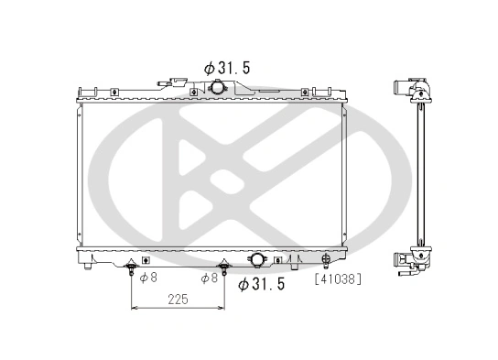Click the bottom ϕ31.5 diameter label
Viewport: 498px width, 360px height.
262,284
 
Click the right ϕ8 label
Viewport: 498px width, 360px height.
209,278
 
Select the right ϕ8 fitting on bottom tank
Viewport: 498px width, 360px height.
222,269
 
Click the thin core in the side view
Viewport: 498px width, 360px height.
421,174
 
